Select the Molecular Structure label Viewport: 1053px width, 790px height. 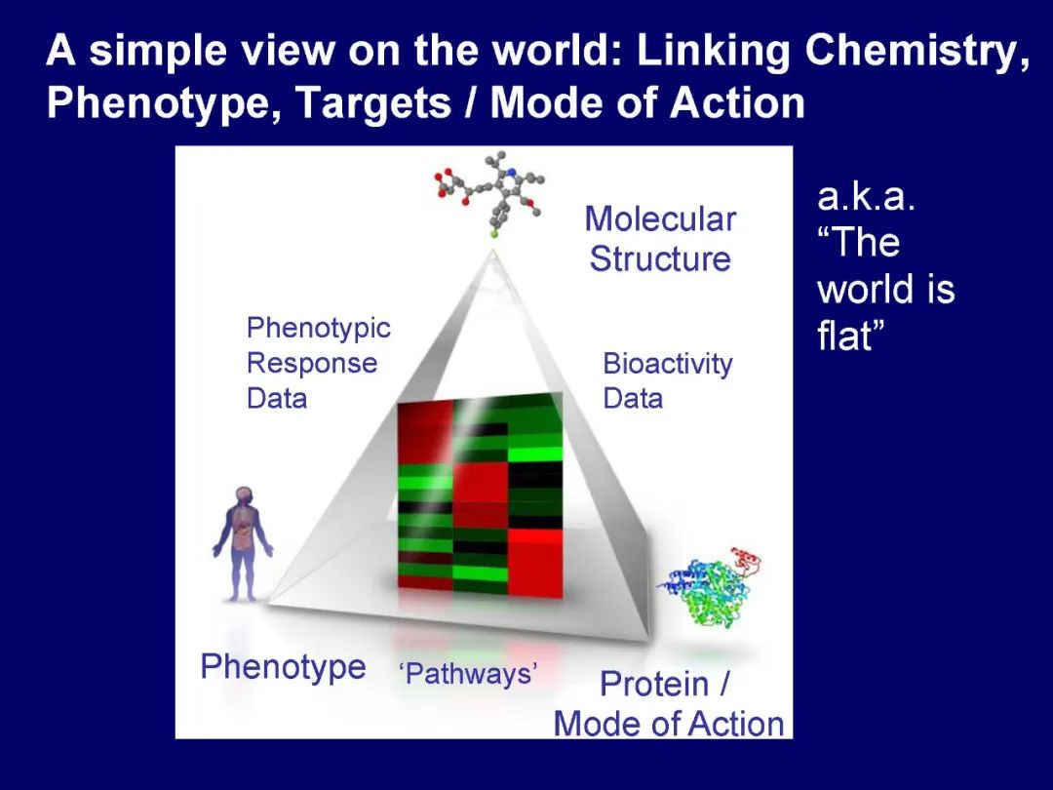pyautogui.click(x=660, y=239)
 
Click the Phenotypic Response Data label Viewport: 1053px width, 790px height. pyautogui.click(x=318, y=363)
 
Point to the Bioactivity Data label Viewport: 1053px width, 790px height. pyautogui.click(x=667, y=380)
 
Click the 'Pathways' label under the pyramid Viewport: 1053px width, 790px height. pyautogui.click(x=469, y=674)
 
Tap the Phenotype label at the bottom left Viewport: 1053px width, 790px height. pyautogui.click(x=283, y=668)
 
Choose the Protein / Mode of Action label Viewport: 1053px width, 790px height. pyautogui.click(x=669, y=704)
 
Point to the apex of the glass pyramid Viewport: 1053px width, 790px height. pyautogui.click(x=493, y=252)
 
